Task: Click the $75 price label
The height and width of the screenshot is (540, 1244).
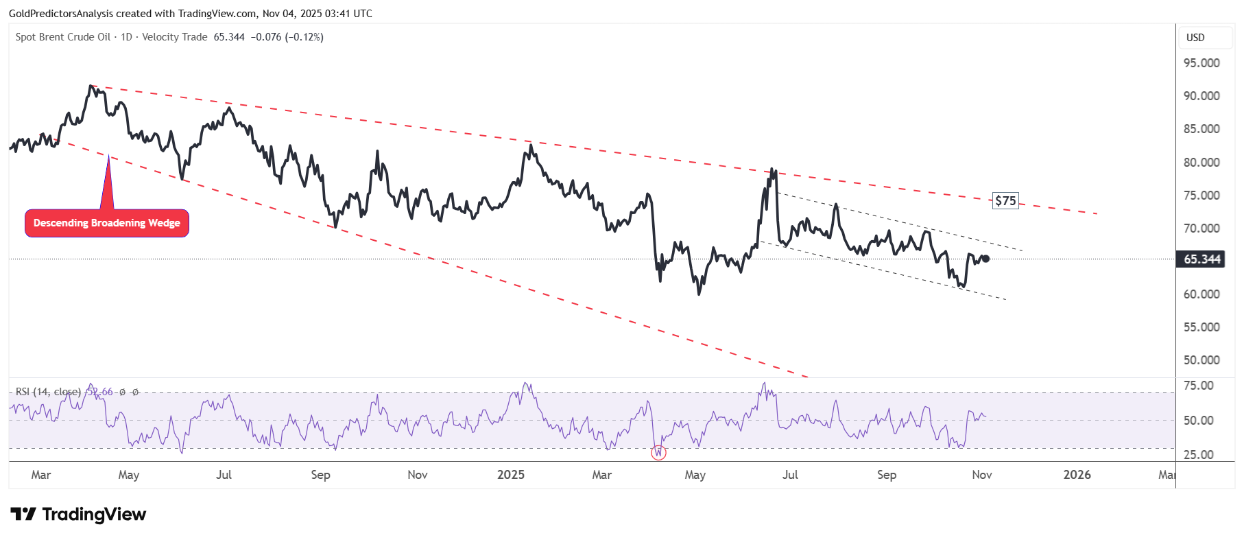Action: pyautogui.click(x=1005, y=201)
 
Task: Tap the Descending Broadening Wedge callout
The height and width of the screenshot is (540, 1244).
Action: pyautogui.click(x=107, y=223)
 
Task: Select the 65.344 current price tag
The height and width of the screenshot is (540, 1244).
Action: pyautogui.click(x=1201, y=259)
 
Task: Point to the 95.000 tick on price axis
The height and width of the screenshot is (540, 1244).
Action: pyautogui.click(x=1201, y=63)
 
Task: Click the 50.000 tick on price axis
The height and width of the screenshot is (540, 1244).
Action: pyautogui.click(x=1201, y=360)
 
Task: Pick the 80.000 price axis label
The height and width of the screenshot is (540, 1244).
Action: pyautogui.click(x=1201, y=163)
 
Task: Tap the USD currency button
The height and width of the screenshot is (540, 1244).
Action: pyautogui.click(x=1195, y=38)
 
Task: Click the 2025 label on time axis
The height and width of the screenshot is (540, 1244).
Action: pyautogui.click(x=510, y=475)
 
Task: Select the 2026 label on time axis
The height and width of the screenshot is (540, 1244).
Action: pyautogui.click(x=1077, y=475)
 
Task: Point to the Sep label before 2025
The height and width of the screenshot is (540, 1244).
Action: pyautogui.click(x=320, y=475)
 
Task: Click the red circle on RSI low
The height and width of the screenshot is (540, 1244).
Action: pyautogui.click(x=658, y=452)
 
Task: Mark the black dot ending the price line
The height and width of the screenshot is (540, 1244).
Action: pyautogui.click(x=986, y=259)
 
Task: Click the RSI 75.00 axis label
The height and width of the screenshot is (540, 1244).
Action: pyautogui.click(x=1199, y=386)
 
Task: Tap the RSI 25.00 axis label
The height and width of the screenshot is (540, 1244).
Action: pyautogui.click(x=1199, y=455)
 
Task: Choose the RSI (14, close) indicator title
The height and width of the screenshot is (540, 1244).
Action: pyautogui.click(x=48, y=392)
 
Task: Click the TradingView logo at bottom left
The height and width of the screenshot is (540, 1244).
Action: pyautogui.click(x=78, y=515)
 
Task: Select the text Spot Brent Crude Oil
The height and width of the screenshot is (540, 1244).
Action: pyautogui.click(x=63, y=37)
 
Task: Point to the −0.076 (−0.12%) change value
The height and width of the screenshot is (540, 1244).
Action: pyautogui.click(x=287, y=37)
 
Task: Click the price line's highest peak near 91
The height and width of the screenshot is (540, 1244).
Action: pyautogui.click(x=91, y=86)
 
